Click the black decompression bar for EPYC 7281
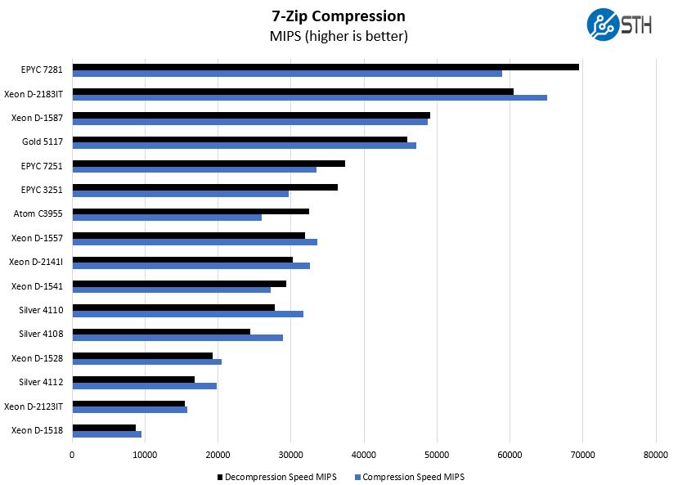(326, 67)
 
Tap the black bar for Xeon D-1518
(104, 427)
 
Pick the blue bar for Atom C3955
(167, 218)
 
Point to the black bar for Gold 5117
(240, 139)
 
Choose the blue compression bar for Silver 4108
(177, 338)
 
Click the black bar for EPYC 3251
(204, 187)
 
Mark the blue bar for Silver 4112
(144, 386)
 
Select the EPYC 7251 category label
(43, 166)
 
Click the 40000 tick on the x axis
(363, 455)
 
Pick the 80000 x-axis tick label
(655, 455)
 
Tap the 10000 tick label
(145, 455)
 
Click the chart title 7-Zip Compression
(339, 16)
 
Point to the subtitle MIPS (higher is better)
(339, 37)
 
